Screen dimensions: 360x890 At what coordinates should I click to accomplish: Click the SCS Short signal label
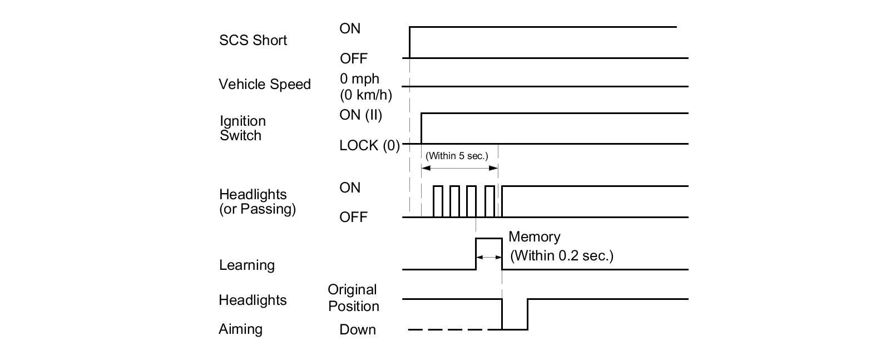(x=253, y=40)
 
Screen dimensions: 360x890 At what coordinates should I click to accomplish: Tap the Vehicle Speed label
(x=264, y=84)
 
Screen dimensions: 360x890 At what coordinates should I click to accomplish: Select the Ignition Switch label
(x=243, y=128)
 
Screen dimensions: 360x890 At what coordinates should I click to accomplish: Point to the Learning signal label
(x=246, y=265)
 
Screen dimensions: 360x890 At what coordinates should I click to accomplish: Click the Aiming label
(x=240, y=329)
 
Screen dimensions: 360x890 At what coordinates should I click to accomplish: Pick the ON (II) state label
(x=360, y=115)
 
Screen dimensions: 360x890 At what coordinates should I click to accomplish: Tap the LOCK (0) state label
(x=369, y=145)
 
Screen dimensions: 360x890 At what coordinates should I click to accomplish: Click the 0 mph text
(x=359, y=78)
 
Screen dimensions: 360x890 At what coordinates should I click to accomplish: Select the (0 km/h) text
(x=365, y=95)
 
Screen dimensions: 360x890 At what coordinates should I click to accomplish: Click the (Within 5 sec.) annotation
(x=456, y=156)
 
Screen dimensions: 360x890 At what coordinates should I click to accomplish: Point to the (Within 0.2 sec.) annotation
(x=562, y=255)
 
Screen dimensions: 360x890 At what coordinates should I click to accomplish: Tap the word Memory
(x=534, y=236)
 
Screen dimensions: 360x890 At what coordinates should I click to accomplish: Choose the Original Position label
(x=353, y=298)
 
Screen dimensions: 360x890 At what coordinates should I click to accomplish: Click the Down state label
(x=358, y=329)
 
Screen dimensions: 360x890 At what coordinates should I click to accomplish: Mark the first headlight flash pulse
(x=438, y=201)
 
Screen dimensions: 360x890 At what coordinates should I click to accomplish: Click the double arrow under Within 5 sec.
(x=459, y=167)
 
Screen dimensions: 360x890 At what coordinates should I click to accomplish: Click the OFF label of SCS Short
(x=354, y=58)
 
